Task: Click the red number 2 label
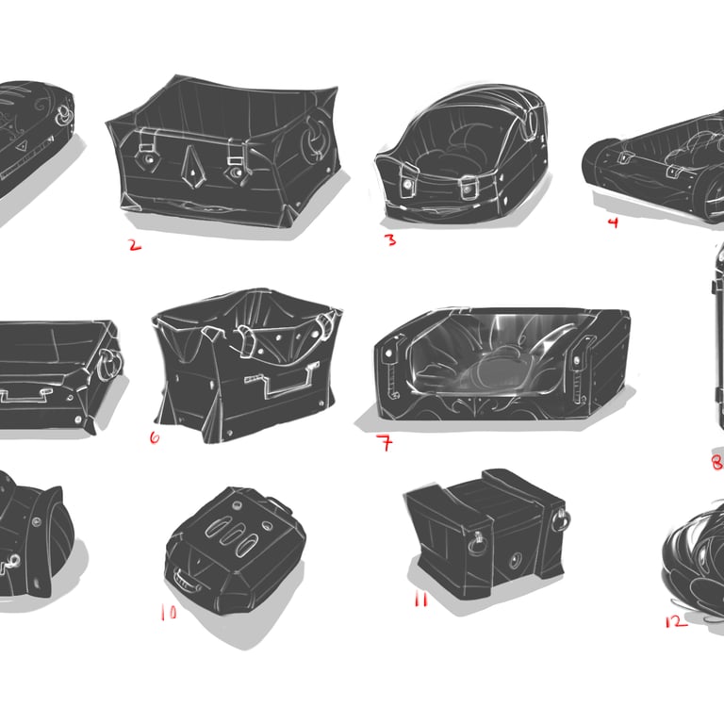[x=135, y=245]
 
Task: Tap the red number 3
[x=390, y=240]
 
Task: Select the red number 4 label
[x=613, y=223]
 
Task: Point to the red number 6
[x=155, y=437]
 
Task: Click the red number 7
[x=387, y=443]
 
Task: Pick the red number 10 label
[x=169, y=612]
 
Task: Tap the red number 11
[x=421, y=600]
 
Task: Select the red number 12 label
[x=676, y=621]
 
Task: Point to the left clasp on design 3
[x=408, y=180]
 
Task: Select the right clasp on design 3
[x=469, y=187]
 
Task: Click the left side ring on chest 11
[x=475, y=543]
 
